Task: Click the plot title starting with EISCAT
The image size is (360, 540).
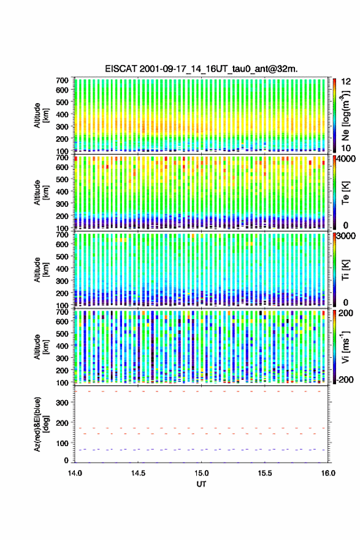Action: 201,69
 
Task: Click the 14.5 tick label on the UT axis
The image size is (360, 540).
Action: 138,473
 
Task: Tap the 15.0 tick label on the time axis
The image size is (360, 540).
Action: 201,473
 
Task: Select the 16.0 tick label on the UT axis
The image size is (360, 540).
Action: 328,473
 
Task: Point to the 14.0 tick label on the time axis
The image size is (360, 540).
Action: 75,473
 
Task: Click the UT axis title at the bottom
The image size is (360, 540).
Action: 201,484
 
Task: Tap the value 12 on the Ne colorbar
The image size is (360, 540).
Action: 346,82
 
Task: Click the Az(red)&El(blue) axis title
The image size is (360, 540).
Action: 40,424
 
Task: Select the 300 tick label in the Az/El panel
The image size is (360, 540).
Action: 63,403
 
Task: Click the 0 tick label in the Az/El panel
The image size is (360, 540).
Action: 66,460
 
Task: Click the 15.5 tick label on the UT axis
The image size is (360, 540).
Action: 265,473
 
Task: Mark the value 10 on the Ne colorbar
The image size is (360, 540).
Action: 346,148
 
